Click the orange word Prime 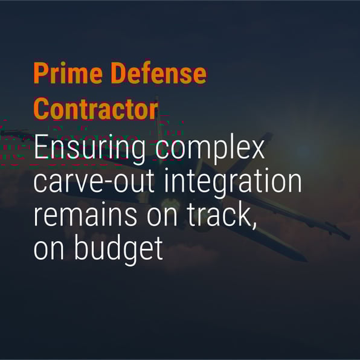[x=68, y=72]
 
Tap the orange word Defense [x=159, y=72]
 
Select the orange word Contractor [x=96, y=109]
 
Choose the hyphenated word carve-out [x=94, y=181]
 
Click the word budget [x=118, y=249]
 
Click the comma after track [x=254, y=225]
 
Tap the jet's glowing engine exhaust [x=170, y=204]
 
